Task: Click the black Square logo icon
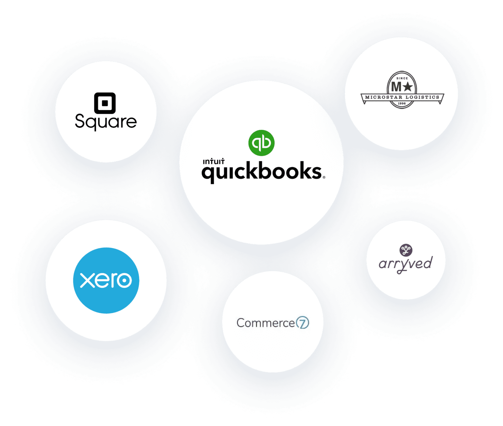[x=105, y=103]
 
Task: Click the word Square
[x=106, y=122]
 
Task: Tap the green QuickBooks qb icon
[x=261, y=143]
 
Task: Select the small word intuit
[x=213, y=162]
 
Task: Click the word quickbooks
[x=262, y=172]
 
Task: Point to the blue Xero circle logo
[x=106, y=280]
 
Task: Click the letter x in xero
[x=87, y=280]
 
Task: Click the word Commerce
[x=266, y=323]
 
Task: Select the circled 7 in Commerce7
[x=303, y=323]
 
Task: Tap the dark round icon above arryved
[x=406, y=250]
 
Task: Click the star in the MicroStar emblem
[x=407, y=86]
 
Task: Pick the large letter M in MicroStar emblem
[x=396, y=86]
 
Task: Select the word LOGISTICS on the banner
[x=422, y=97]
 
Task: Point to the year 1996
[x=402, y=103]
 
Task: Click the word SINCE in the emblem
[x=402, y=78]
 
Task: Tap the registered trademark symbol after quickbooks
[x=324, y=178]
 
